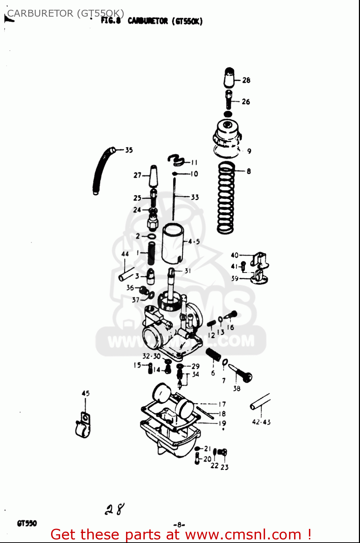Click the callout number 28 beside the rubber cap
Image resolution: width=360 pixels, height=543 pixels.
246,80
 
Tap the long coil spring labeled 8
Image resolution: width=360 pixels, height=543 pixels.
226,198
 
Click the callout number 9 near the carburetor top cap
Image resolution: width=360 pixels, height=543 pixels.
249,151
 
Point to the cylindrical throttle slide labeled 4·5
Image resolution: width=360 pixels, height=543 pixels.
173,244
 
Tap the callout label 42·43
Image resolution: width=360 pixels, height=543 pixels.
261,422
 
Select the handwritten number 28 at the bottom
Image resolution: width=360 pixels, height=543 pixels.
115,509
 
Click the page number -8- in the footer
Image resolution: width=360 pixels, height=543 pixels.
179,525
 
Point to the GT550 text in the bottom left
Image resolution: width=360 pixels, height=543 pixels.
27,523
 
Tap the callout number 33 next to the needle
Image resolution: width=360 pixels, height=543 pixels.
195,197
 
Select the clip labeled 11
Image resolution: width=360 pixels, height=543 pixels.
177,159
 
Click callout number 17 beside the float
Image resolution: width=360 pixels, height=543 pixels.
222,404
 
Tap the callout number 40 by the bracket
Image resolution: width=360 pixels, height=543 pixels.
235,255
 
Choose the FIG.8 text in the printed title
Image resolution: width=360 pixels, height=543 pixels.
110,21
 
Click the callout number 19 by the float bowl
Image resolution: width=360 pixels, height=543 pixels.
222,423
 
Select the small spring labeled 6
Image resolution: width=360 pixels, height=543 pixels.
213,354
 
